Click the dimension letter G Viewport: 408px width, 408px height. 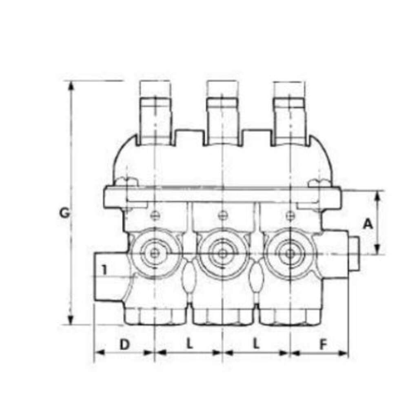[x=64, y=213]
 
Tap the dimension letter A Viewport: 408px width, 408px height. [x=368, y=224]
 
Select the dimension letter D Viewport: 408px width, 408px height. [x=124, y=344]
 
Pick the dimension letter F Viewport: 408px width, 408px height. [x=323, y=344]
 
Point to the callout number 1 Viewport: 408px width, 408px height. [x=104, y=270]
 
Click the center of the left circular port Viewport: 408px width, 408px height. [x=155, y=253]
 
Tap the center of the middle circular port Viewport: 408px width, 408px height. [x=222, y=253]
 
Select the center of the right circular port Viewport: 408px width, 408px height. [x=290, y=253]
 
